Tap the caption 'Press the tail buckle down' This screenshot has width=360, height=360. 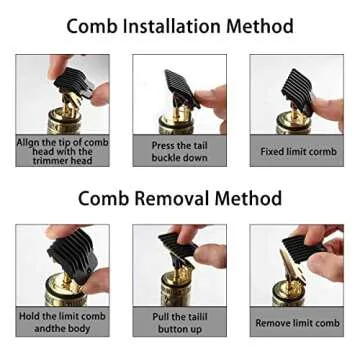click(x=179, y=151)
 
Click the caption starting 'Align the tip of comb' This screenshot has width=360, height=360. click(x=61, y=150)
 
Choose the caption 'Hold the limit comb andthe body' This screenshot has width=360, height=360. click(x=61, y=322)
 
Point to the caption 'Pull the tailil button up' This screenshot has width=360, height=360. click(x=179, y=322)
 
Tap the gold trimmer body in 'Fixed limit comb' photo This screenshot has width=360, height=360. click(x=290, y=125)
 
